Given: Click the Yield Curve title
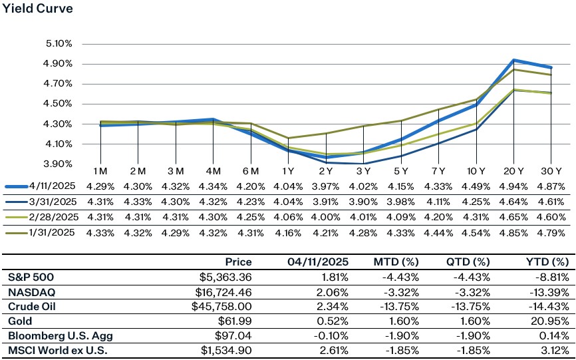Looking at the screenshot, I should tap(38, 9).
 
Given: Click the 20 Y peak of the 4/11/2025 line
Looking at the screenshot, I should tap(512, 60).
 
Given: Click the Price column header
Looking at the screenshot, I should tap(238, 262).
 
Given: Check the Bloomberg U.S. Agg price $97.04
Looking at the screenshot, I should tap(235, 335).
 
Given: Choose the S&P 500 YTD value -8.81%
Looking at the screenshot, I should tap(555, 277).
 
